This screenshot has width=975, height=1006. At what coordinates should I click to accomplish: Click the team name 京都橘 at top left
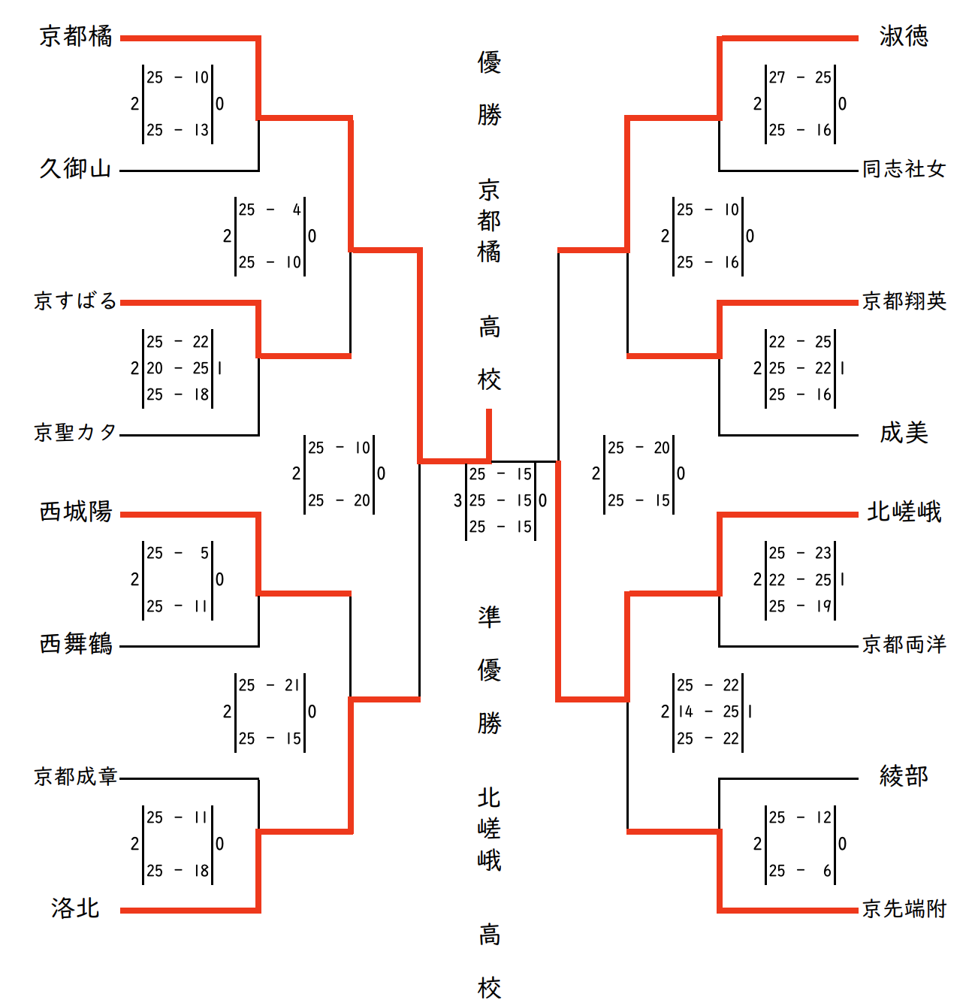(76, 36)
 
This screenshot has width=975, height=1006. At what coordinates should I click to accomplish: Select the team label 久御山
(76, 168)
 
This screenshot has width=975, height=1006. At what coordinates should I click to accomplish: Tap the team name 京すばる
(76, 301)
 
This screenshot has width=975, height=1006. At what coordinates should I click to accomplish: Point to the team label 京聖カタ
(76, 433)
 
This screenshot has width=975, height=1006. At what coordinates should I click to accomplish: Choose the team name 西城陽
(76, 512)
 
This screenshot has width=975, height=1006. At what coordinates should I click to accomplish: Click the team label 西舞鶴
(76, 645)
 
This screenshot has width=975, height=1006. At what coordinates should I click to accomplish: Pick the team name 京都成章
(76, 776)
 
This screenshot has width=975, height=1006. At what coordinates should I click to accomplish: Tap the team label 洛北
(76, 908)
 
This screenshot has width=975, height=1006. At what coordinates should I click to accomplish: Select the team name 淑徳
(904, 36)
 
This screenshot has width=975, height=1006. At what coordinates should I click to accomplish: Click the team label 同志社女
(904, 169)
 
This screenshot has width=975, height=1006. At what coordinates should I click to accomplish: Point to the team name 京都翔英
(904, 301)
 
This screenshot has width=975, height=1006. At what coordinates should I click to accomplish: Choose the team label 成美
(904, 433)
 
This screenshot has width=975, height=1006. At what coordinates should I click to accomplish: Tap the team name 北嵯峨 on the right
(904, 512)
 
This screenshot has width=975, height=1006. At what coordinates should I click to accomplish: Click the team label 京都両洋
(904, 645)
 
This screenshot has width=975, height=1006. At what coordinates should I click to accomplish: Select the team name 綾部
(904, 776)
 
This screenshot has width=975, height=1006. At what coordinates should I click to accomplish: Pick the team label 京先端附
(904, 909)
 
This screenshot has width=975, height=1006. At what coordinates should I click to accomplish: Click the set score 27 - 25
(800, 77)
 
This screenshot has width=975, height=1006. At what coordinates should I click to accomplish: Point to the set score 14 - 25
(708, 711)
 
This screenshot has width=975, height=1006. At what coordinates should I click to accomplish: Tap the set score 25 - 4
(270, 210)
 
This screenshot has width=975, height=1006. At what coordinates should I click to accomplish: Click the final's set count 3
(457, 501)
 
